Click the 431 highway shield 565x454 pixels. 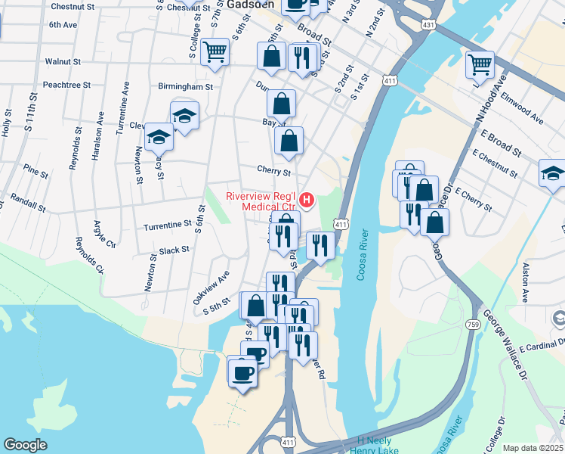coord(429,26)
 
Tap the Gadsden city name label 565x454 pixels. coord(249,4)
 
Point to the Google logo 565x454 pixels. coord(25,445)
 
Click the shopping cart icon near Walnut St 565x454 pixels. coord(215,52)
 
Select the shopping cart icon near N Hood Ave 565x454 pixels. coord(480,65)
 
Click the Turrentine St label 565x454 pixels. coord(167,225)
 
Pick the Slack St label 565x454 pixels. coord(174,250)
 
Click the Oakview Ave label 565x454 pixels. coord(210,288)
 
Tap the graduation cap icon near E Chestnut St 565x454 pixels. coord(552,173)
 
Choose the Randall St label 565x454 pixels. coord(29,199)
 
